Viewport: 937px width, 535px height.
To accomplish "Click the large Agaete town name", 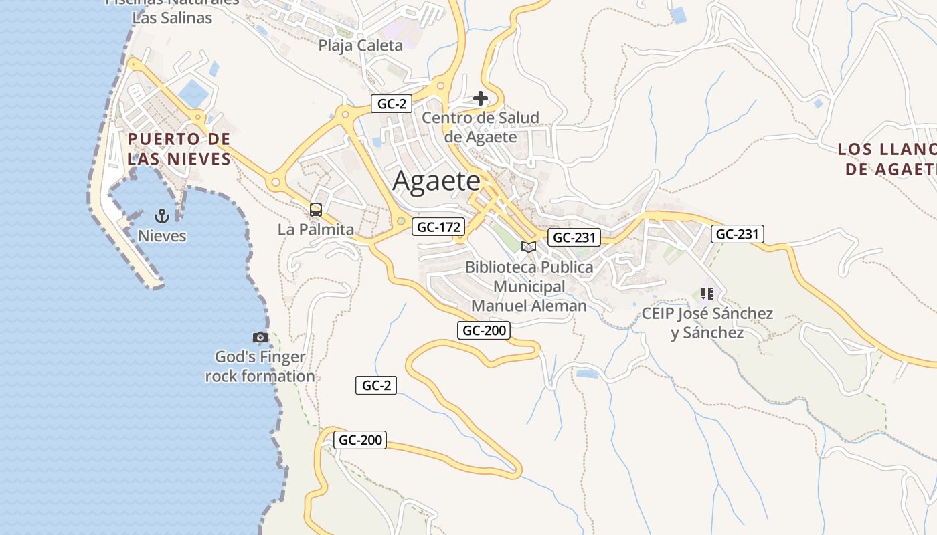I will click(436, 181).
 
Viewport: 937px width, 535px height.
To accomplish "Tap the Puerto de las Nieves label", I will click(179, 148).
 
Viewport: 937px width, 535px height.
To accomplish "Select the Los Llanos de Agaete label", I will click(887, 158).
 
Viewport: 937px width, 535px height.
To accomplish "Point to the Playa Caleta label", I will click(360, 45).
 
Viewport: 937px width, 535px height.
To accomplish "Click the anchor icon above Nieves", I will click(161, 215).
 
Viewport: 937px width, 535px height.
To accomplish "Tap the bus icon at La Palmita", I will click(316, 210).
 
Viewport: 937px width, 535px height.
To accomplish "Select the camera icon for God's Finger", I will click(260, 337).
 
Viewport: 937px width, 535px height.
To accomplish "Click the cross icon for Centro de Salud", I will click(480, 99).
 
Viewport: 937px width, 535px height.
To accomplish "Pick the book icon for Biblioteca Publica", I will click(529, 247).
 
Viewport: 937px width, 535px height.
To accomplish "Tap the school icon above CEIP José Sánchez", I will click(707, 294).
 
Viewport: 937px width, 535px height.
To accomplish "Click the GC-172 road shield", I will click(438, 227).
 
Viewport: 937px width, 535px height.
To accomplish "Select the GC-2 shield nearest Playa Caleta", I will click(391, 104).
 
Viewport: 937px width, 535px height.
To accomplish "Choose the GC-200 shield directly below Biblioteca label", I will click(484, 330).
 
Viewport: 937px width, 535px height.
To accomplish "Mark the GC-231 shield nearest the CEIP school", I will click(737, 234).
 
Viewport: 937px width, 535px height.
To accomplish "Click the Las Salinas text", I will click(172, 18).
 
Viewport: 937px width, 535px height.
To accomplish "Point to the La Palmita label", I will click(316, 229).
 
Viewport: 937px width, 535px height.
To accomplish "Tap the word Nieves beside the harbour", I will click(162, 236).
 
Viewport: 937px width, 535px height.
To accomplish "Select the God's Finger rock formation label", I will click(260, 366).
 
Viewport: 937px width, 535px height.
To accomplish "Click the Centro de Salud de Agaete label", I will click(481, 127).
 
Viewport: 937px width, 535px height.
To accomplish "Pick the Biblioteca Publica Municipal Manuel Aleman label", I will click(529, 286).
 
